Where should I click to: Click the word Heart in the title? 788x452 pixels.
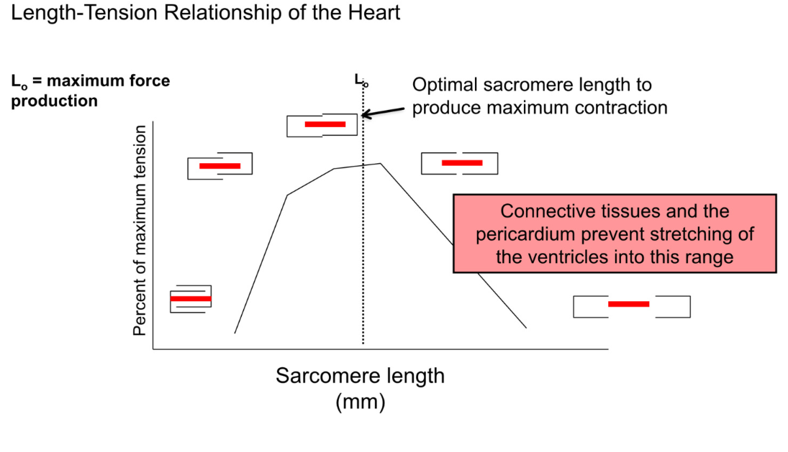pyautogui.click(x=371, y=13)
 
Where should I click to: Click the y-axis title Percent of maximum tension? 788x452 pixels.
pyautogui.click(x=140, y=230)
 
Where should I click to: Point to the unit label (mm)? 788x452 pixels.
pyautogui.click(x=360, y=401)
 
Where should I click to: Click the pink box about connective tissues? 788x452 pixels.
pyautogui.click(x=615, y=234)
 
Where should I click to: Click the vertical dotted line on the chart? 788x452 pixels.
pyautogui.click(x=363, y=252)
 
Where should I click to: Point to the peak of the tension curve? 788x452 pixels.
pyautogui.click(x=379, y=163)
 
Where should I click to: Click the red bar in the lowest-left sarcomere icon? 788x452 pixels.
pyautogui.click(x=191, y=298)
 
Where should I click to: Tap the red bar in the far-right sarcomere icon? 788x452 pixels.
pyautogui.click(x=629, y=304)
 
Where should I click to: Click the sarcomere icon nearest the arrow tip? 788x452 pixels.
pyautogui.click(x=323, y=124)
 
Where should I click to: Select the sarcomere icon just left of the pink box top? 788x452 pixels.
pyautogui.click(x=458, y=163)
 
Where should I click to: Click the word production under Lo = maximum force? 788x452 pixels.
pyautogui.click(x=54, y=101)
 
